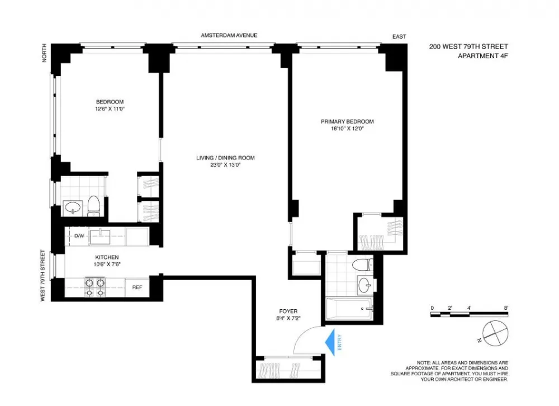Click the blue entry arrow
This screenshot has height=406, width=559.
tap(330, 342)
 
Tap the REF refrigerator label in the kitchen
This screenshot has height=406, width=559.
tap(138, 287)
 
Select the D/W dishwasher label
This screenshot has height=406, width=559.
tap(79, 236)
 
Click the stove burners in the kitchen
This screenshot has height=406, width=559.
tap(95, 287)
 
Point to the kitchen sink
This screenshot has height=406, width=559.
tap(100, 237)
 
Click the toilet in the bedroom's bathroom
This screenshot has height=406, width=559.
tap(94, 206)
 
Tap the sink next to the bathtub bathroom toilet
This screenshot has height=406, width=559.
tap(364, 285)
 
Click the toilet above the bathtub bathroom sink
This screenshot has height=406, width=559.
tap(362, 265)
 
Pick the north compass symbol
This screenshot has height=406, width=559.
tap(495, 333)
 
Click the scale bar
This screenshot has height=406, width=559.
tap(469, 314)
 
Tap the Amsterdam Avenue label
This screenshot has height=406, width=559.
tap(229, 35)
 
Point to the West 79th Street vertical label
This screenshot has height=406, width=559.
tap(43, 276)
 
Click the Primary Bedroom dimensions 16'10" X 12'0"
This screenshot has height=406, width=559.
tap(347, 129)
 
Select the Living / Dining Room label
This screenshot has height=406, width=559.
tap(225, 158)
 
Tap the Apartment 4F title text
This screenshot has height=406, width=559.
tap(483, 56)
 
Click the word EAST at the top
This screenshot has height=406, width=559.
tap(399, 36)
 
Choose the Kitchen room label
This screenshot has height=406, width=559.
tap(107, 257)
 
